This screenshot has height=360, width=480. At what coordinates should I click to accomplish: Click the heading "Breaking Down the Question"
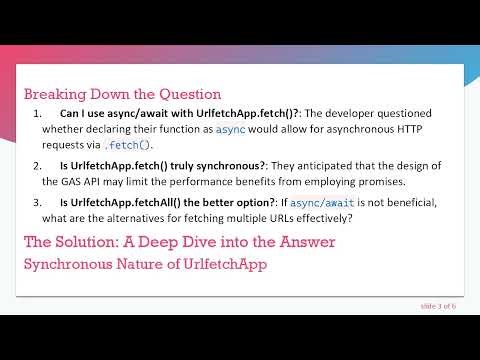pyautogui.click(x=122, y=94)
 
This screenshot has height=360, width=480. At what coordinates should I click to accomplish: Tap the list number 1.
pyautogui.click(x=37, y=114)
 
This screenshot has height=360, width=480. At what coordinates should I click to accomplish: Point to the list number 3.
pyautogui.click(x=37, y=204)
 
